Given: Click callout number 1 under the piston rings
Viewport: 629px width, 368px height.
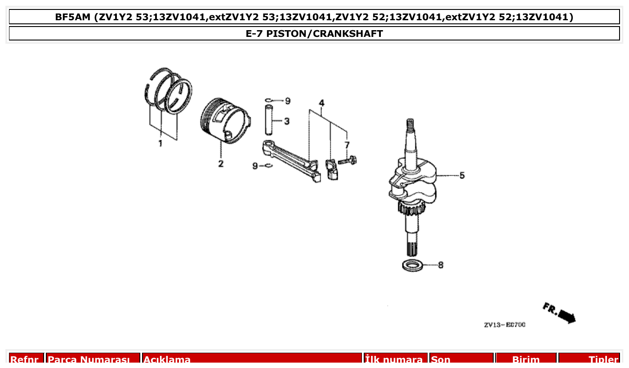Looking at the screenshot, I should pos(160,144).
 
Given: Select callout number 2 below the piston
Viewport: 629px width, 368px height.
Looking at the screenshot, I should pos(221,163).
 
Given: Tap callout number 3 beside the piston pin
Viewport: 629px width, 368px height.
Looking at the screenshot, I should pos(286,121).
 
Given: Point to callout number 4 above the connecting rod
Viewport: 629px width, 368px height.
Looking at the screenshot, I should pos(322,103).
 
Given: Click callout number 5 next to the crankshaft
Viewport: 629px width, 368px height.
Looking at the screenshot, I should pos(462,175).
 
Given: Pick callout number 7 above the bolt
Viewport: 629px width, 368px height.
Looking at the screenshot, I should pos(347,144).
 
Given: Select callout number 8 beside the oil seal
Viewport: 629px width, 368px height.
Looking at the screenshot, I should pos(441,265).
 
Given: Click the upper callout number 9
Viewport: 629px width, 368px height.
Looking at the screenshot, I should pos(288,101).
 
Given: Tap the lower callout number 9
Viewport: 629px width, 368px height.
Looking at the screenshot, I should pos(255,166).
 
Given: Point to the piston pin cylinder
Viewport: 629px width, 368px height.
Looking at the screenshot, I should pos(269,120).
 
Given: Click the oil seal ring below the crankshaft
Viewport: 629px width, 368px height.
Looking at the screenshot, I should pos(413,265).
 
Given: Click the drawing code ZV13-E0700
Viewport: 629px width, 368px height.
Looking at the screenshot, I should pos(504,325).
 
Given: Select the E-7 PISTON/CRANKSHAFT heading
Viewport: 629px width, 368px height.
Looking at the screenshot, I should pos(314,34).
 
